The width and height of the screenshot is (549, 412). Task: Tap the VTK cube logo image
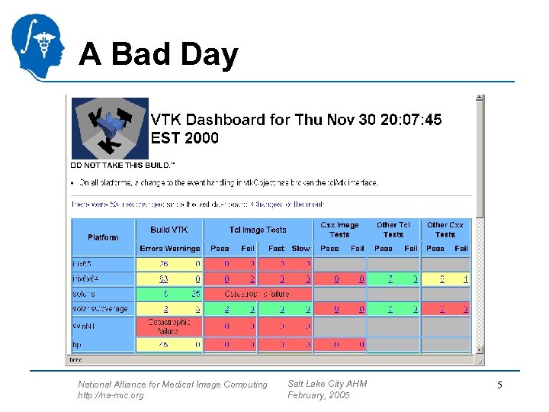coord(110,128)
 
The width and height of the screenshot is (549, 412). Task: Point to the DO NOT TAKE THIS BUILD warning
coord(123,164)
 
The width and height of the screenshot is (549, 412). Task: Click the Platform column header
coord(103,237)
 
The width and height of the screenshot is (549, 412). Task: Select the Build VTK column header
coord(169,230)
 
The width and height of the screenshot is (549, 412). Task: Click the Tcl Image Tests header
coord(258,230)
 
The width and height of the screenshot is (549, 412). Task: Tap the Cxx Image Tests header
coord(339,230)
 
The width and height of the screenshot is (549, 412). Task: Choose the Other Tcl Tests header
coord(393,230)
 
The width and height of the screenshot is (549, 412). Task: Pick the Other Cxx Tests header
coord(445,230)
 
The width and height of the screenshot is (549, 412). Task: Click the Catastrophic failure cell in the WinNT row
coord(169,327)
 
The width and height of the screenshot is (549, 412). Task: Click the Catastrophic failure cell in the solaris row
coord(258,294)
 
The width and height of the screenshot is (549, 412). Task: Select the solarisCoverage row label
coord(100,309)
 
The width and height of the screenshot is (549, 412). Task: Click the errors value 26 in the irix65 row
coord(164,264)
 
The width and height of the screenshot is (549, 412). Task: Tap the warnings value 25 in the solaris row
coord(196,294)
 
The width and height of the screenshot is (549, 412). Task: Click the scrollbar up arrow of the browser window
coord(479,98)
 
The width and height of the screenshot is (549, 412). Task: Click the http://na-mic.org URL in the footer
coord(111,395)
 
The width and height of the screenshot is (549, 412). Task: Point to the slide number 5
coord(499,385)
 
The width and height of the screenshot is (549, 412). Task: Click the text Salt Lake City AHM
coord(327,384)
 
